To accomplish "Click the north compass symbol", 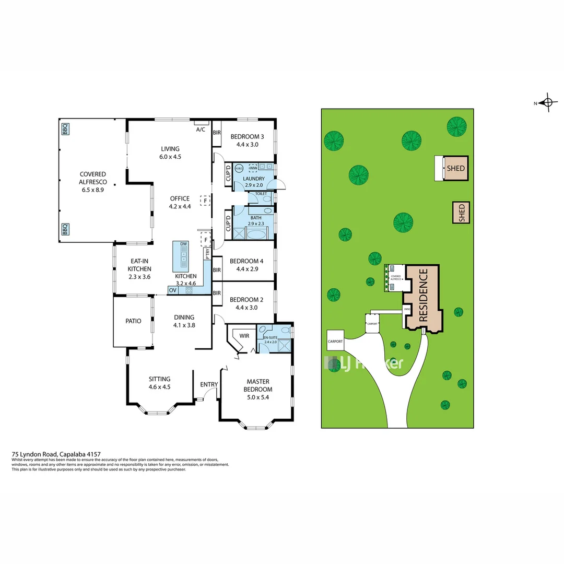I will coord(547,102).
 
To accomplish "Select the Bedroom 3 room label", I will coord(248,137).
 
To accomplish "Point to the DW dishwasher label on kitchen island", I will coord(183,244).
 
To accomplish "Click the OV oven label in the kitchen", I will coord(172,290).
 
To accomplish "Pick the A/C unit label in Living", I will coord(201,130).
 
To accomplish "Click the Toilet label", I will coord(261,194).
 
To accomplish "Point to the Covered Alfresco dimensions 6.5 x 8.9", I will coord(93,190).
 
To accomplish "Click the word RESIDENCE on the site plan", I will coord(424,295).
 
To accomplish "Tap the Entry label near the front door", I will coord(209,385).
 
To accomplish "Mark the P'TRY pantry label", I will coord(207,254).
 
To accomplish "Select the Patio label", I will coord(133,321).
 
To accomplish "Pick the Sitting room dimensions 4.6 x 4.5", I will coord(159,387).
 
